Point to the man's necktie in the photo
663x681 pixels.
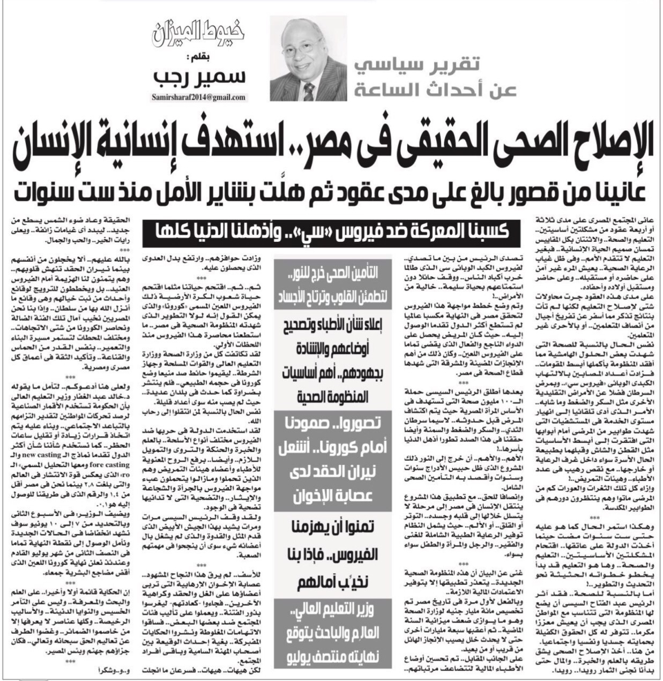click(x=310, y=88)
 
